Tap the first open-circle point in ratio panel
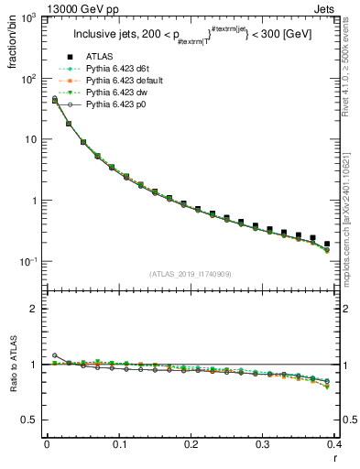pos(55,355)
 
